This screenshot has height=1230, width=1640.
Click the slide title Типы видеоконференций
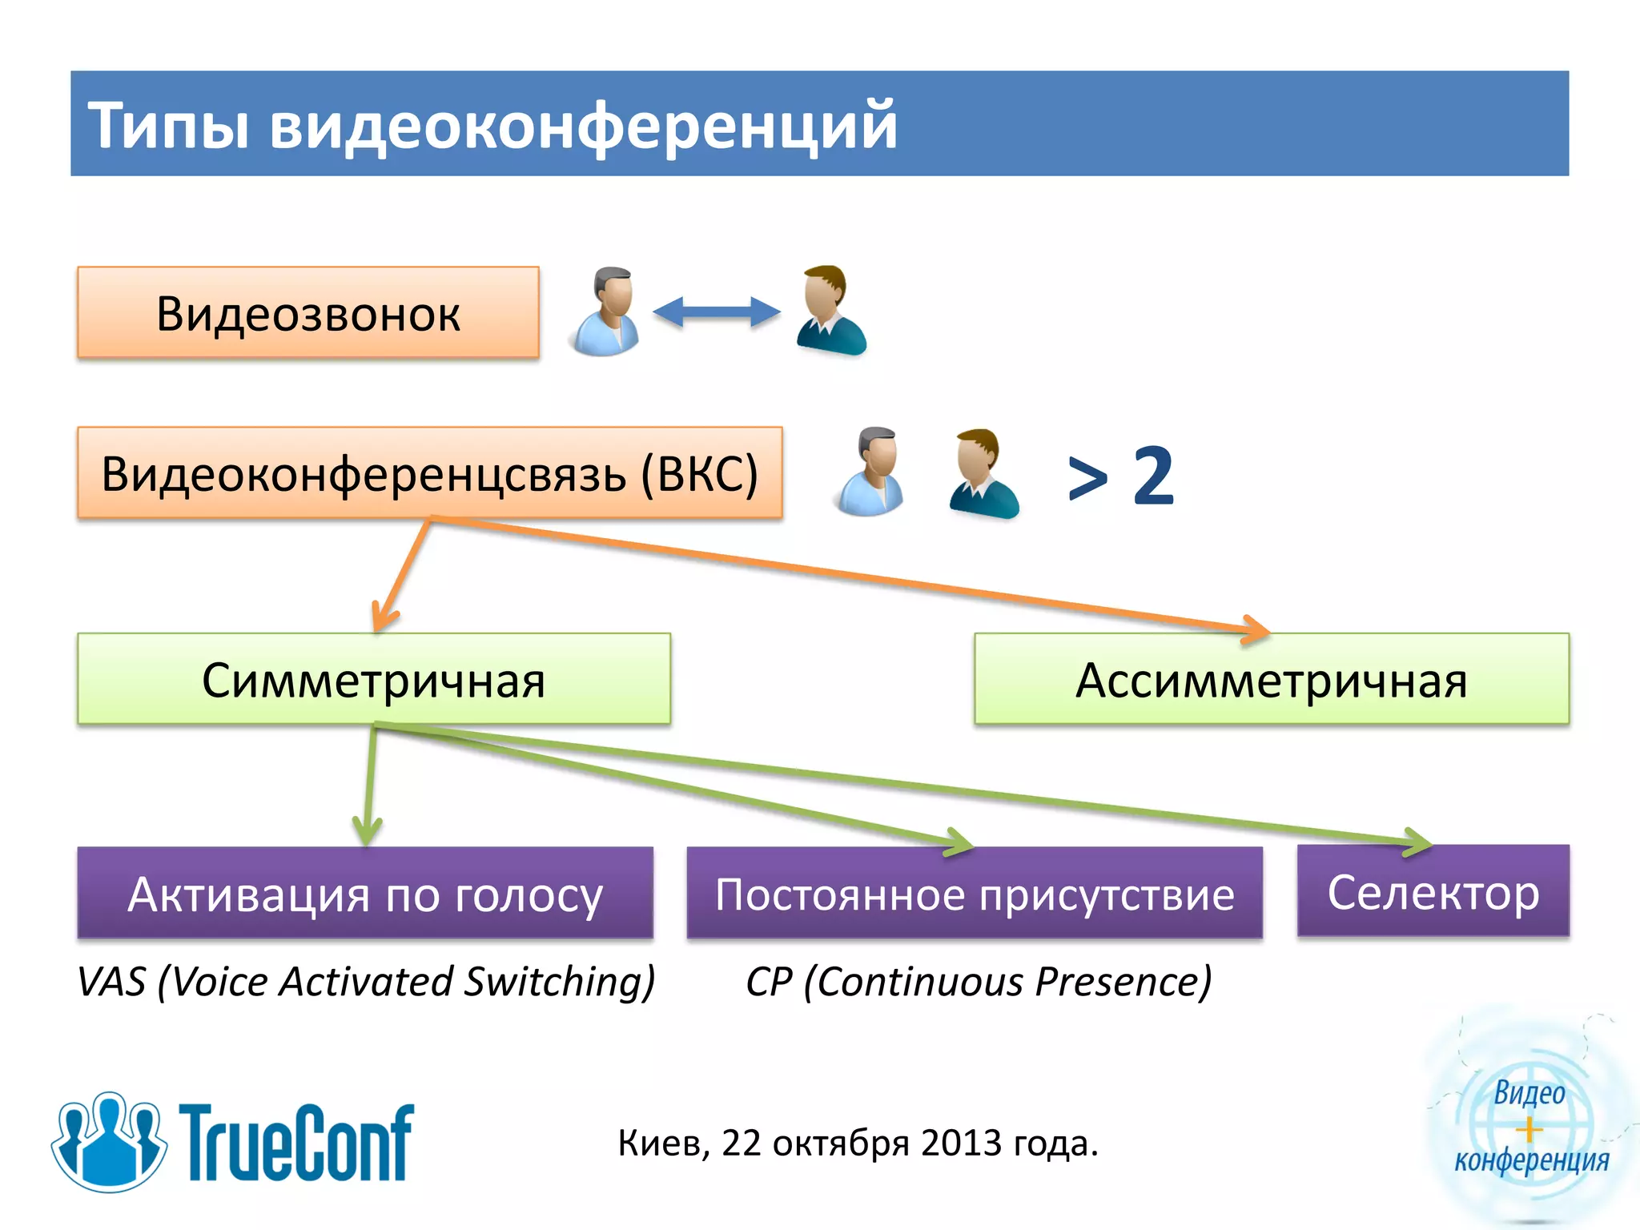pos(492,125)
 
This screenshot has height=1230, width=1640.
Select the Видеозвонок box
pos(308,313)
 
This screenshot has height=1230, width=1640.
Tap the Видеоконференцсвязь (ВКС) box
pos(429,473)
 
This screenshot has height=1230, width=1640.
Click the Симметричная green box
pos(373,680)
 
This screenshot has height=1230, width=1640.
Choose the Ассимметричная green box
pos(1271,680)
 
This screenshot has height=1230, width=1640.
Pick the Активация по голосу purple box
pos(365,894)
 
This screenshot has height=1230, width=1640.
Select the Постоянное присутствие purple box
pos(975,894)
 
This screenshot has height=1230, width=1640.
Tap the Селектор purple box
pos(1433,891)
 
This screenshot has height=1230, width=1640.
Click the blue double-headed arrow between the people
pos(717,312)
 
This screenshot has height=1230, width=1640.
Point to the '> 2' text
pos(1121,476)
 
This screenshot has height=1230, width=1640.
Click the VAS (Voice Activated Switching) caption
pos(366,982)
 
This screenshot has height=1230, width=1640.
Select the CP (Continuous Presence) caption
pos(978,982)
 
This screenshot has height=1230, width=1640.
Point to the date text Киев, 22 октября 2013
pos(858,1144)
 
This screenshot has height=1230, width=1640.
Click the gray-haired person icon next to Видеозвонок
pos(606,312)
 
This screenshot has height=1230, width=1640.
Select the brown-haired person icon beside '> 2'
pos(983,473)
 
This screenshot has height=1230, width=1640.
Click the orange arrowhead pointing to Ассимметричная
pos(1256,629)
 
